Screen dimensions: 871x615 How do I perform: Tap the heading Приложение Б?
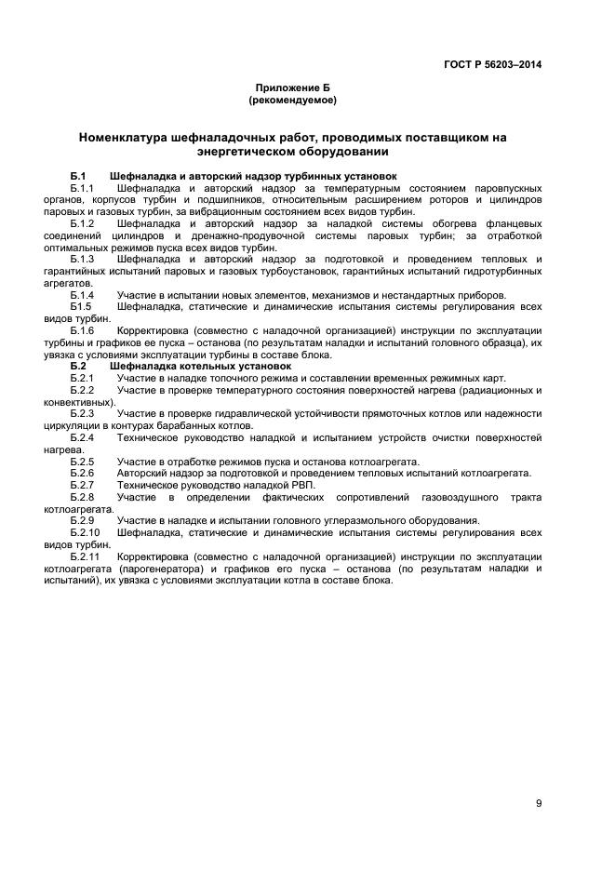[x=293, y=87]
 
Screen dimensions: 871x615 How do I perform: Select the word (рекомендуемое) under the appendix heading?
[x=293, y=100]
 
